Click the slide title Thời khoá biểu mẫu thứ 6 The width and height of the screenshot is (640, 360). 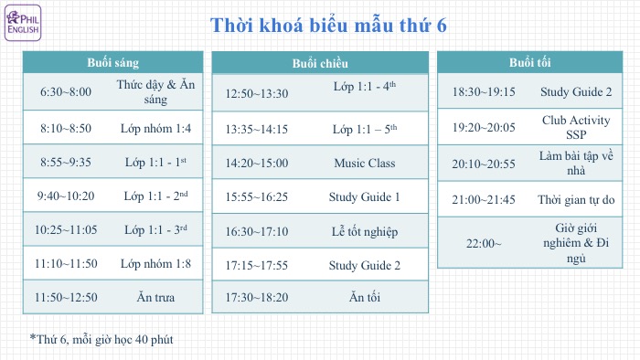(329, 26)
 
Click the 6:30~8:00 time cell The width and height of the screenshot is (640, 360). (66, 92)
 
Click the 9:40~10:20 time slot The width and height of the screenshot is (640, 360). (66, 196)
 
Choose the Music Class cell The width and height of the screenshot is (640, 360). (365, 163)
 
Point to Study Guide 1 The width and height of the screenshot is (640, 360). (365, 196)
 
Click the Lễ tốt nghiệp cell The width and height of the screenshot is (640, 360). (365, 231)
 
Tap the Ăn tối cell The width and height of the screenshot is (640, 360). (365, 298)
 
